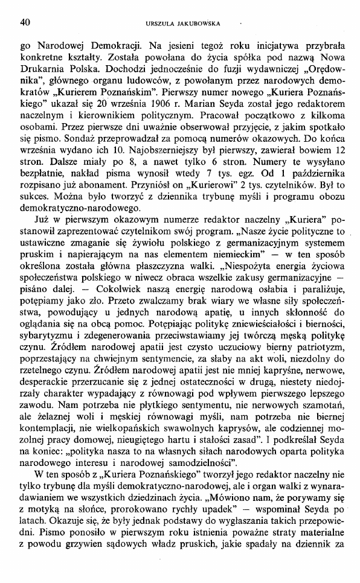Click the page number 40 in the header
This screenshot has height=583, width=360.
point(25,23)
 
